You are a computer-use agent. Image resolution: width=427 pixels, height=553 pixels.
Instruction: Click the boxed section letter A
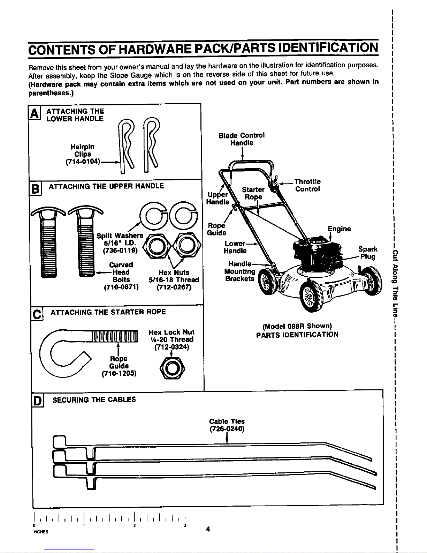(x=34, y=113)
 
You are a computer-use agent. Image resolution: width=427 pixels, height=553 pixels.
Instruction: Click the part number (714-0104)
(x=83, y=162)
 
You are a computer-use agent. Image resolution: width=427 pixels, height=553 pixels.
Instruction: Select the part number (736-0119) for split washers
(x=120, y=251)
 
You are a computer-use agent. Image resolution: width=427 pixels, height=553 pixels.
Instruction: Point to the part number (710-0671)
(x=121, y=287)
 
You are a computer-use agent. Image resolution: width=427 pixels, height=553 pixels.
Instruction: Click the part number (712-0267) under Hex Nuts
(x=174, y=287)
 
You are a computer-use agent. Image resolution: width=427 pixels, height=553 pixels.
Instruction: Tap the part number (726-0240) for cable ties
(x=227, y=429)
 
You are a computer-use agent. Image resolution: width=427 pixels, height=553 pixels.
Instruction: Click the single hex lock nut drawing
(x=172, y=369)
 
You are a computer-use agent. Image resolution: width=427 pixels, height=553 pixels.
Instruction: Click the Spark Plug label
(x=368, y=253)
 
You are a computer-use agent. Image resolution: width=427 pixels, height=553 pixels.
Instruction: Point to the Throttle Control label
(x=307, y=185)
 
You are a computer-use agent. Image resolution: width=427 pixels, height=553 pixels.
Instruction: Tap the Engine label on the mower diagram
(x=339, y=229)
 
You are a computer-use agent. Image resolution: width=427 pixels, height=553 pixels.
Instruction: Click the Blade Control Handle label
(x=242, y=139)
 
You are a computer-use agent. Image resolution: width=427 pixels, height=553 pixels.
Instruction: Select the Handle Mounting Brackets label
(x=240, y=271)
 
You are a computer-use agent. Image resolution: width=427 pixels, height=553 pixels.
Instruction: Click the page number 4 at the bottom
(x=208, y=529)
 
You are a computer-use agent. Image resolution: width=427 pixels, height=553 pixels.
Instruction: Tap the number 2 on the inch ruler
(x=134, y=525)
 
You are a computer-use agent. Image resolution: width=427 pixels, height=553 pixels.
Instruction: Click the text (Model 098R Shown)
(x=297, y=326)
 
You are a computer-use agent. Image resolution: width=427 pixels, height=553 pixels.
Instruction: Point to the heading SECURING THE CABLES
(x=94, y=399)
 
